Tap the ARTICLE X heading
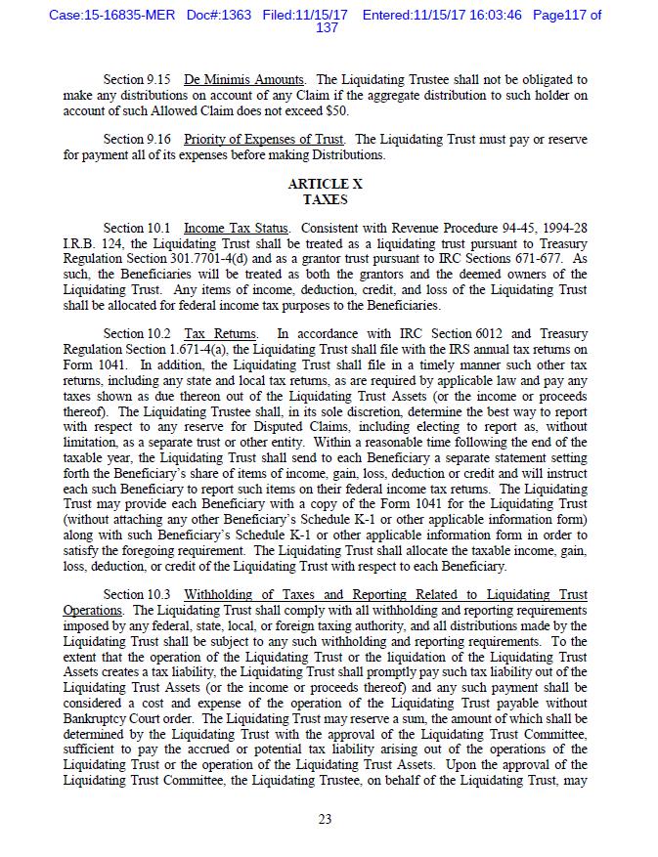point(326,184)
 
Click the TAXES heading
point(326,199)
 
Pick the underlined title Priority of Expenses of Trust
point(264,140)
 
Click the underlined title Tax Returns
point(221,333)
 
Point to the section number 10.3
point(159,595)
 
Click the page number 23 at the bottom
point(326,819)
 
